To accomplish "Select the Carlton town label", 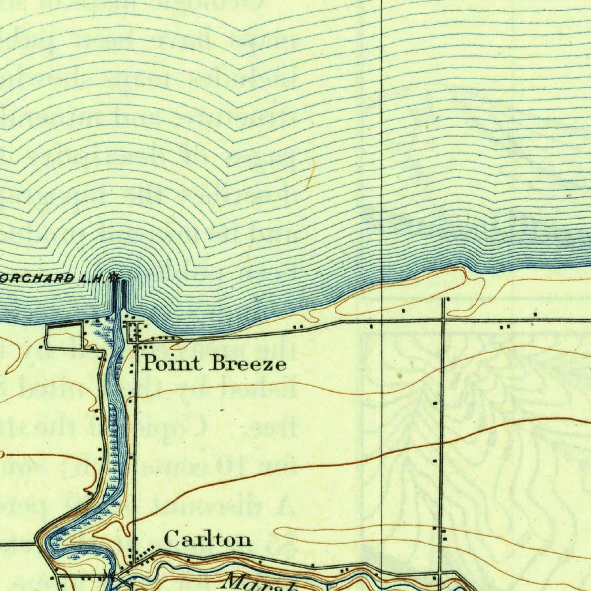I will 208,540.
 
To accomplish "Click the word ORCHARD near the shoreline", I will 43,278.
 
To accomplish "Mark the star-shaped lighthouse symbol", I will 114,278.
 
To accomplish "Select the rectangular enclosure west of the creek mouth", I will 65,336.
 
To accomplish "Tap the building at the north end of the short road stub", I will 447,299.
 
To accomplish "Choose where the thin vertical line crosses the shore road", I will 381,320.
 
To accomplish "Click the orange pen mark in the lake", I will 311,175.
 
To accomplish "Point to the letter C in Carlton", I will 171,540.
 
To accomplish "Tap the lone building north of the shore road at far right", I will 536,314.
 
